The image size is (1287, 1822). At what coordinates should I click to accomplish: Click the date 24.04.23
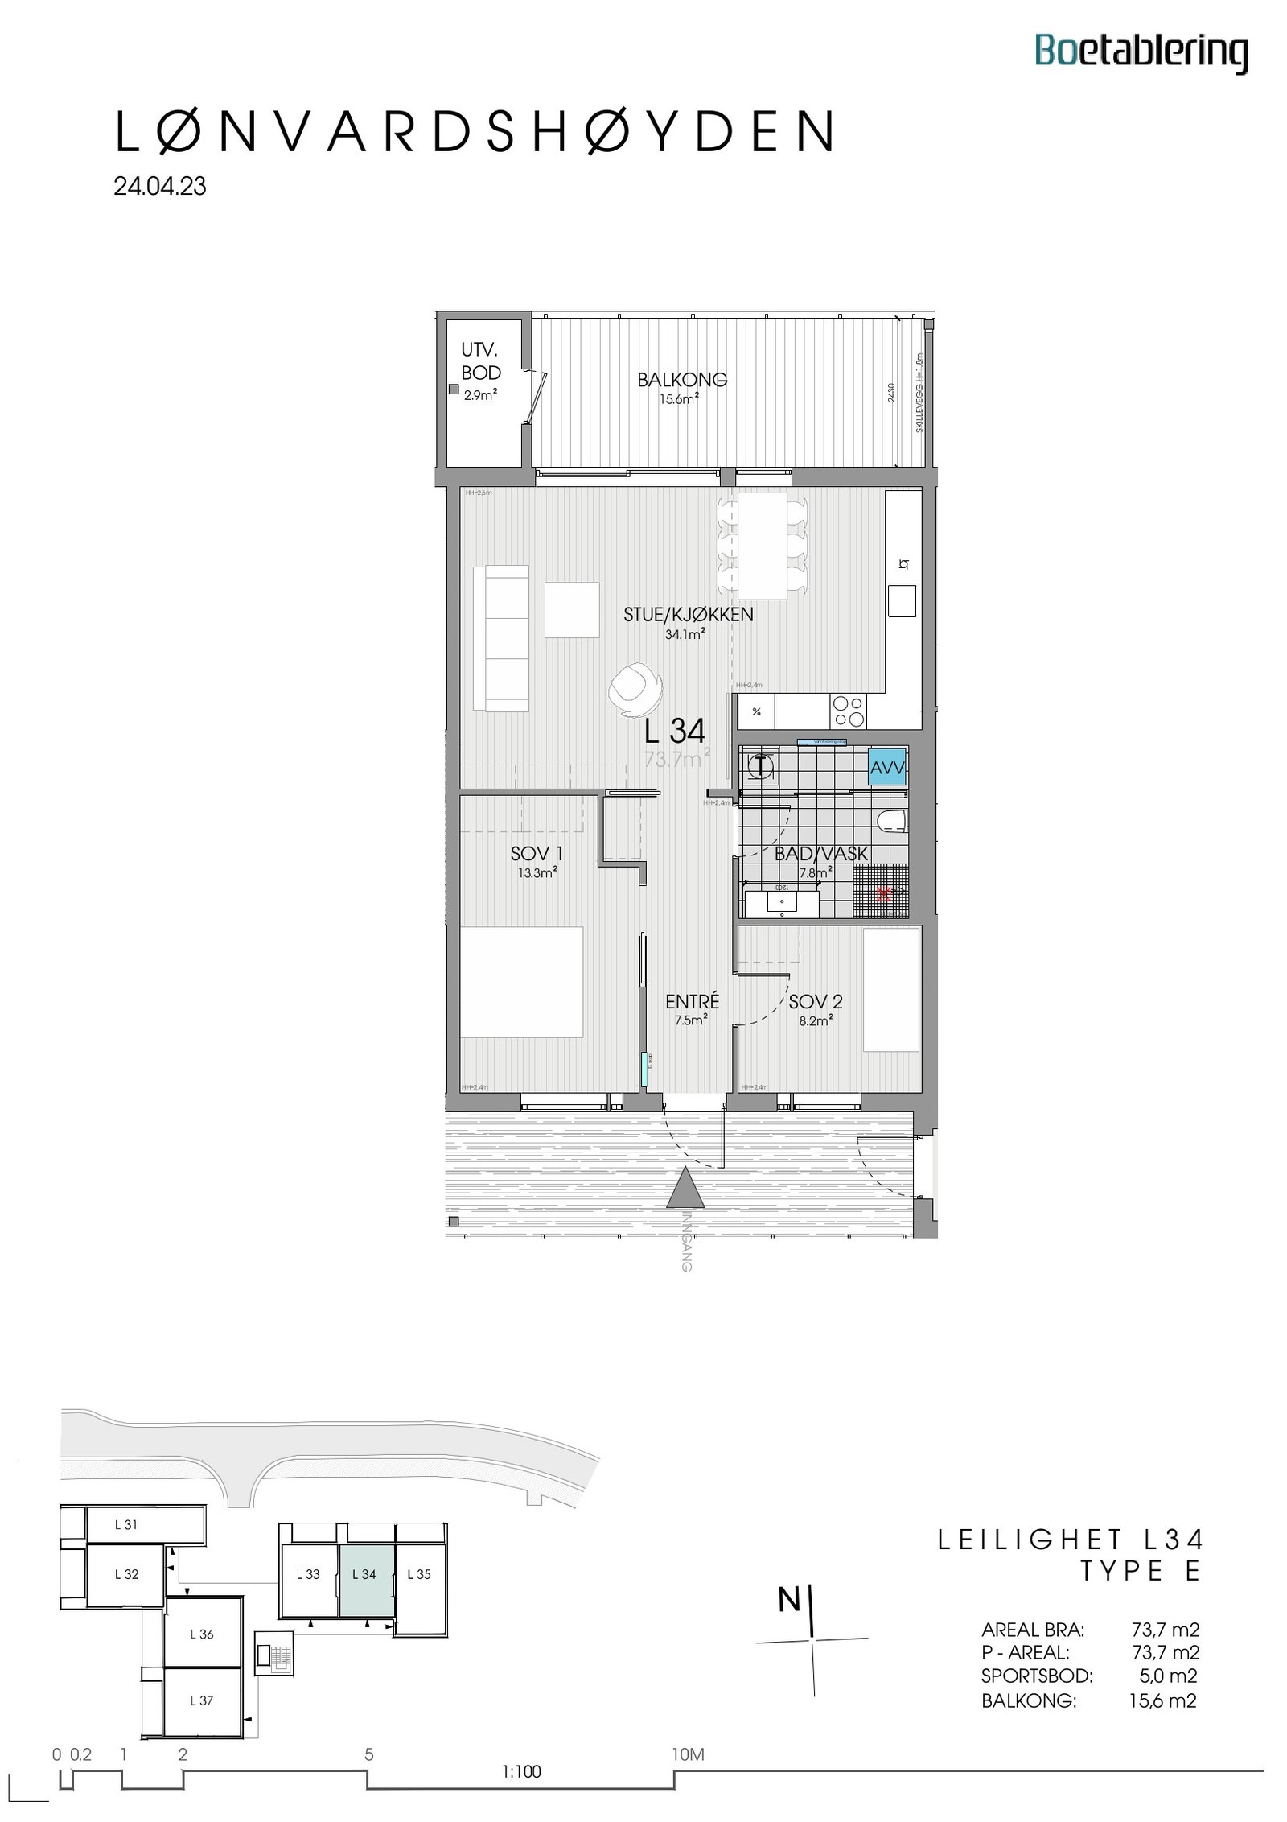(x=160, y=186)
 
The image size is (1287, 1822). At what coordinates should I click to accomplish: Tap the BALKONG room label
(x=681, y=380)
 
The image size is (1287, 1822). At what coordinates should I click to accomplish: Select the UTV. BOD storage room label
(x=480, y=361)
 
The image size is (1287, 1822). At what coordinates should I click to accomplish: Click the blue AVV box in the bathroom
(x=887, y=768)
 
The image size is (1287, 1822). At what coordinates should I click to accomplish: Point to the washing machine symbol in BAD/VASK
(x=760, y=765)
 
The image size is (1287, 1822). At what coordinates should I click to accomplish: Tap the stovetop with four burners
(x=849, y=711)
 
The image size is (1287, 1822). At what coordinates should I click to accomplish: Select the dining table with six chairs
(x=762, y=546)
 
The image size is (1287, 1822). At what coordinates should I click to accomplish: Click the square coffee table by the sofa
(x=571, y=610)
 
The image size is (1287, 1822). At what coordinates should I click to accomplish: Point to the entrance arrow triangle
(x=685, y=1188)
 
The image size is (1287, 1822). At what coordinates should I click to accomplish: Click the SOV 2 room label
(x=815, y=1001)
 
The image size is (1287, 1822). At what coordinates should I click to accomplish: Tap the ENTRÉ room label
(x=692, y=1001)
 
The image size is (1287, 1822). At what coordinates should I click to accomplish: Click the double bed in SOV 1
(x=520, y=981)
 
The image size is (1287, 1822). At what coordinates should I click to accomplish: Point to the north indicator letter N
(x=788, y=1600)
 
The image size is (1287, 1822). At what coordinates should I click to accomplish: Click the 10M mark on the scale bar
(x=688, y=1754)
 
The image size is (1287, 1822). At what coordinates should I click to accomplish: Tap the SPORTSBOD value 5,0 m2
(x=1168, y=1676)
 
